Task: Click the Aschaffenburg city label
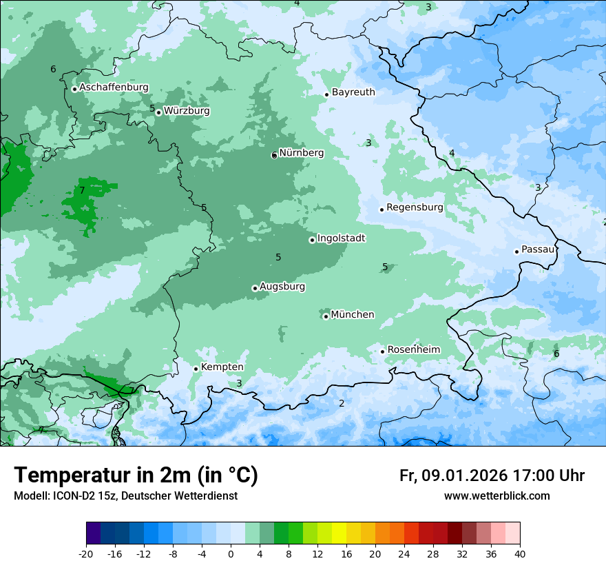pyautogui.click(x=114, y=88)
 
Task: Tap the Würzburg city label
pyautogui.click(x=187, y=111)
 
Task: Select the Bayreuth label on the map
pyautogui.click(x=353, y=92)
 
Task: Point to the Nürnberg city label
pyautogui.click(x=301, y=153)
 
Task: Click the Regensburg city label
pyautogui.click(x=415, y=207)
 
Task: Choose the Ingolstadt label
pyautogui.click(x=341, y=238)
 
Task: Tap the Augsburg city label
pyautogui.click(x=282, y=287)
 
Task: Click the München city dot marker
pyautogui.click(x=326, y=316)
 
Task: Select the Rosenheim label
pyautogui.click(x=413, y=350)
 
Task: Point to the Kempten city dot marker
pyautogui.click(x=196, y=369)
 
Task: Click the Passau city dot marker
pyautogui.click(x=516, y=252)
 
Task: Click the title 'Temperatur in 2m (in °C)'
pyautogui.click(x=136, y=476)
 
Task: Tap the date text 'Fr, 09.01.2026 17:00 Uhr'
pyautogui.click(x=492, y=476)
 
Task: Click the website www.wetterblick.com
pyautogui.click(x=497, y=496)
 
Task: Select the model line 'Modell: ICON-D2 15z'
pyautogui.click(x=125, y=496)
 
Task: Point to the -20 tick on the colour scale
pyautogui.click(x=86, y=553)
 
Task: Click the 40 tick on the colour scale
pyautogui.click(x=520, y=553)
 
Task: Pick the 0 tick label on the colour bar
pyautogui.click(x=231, y=553)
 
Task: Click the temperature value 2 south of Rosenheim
pyautogui.click(x=342, y=403)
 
